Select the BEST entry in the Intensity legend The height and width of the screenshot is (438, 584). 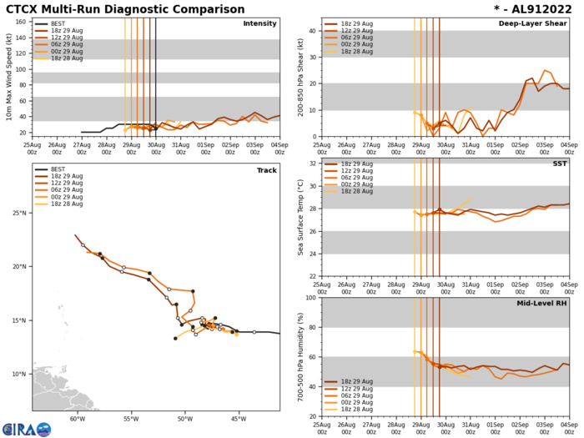[57, 24]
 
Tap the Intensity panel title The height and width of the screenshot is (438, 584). [259, 23]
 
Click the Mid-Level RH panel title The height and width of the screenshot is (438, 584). [541, 305]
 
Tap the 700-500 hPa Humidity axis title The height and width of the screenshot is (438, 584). [300, 357]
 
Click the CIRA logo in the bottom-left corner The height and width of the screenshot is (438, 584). [26, 428]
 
